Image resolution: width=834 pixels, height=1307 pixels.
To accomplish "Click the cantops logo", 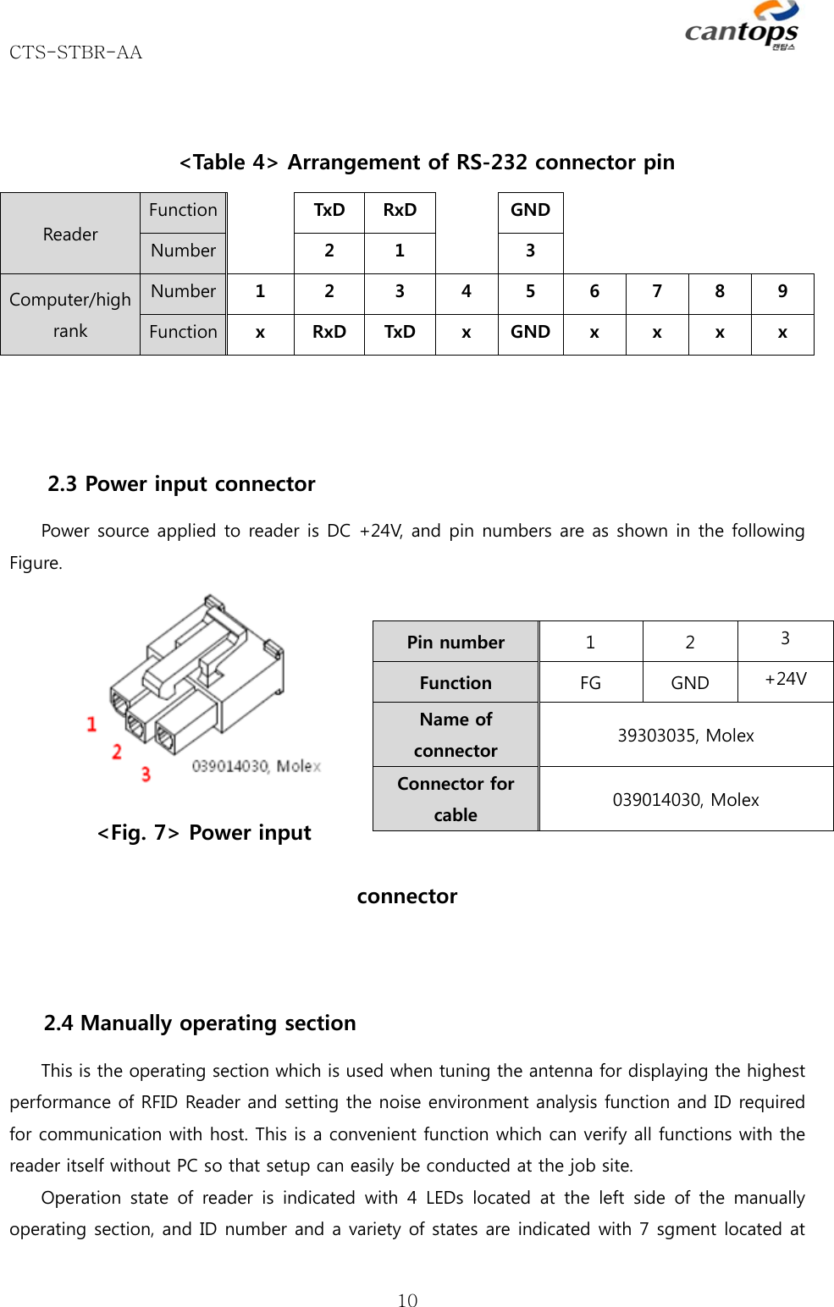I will click(x=742, y=28).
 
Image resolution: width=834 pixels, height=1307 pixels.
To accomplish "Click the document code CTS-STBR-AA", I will click(x=75, y=52).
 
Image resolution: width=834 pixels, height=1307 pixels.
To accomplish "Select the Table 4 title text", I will click(x=427, y=162).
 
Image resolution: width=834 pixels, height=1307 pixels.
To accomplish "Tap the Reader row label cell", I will click(x=70, y=234).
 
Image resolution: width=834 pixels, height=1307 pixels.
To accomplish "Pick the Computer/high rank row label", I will click(x=70, y=315).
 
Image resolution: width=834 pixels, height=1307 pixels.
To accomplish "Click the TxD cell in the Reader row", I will click(x=329, y=210).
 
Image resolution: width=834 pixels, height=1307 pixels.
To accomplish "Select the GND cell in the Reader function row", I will click(x=530, y=210).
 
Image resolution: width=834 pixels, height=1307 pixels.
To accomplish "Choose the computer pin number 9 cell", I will click(x=782, y=291).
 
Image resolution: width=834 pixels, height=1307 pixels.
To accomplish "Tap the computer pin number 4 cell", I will click(x=466, y=291).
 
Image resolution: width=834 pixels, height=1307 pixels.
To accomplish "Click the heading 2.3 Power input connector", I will click(x=181, y=483).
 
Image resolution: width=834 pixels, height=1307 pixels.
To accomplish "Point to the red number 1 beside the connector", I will click(x=91, y=724).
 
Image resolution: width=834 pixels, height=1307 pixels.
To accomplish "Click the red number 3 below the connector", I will click(x=146, y=774).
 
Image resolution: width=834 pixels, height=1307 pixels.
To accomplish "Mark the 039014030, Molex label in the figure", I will click(x=257, y=766).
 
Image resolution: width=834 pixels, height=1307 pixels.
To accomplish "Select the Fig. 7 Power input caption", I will click(x=204, y=833).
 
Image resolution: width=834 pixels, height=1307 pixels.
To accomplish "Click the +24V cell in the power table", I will click(x=785, y=679).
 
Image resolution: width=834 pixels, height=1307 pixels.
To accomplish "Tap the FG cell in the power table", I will click(x=590, y=682).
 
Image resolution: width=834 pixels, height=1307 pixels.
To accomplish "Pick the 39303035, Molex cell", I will click(x=685, y=735).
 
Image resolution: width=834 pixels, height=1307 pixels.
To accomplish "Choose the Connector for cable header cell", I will click(x=456, y=798).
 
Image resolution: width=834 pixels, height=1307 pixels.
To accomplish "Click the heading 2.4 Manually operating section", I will click(x=200, y=1023).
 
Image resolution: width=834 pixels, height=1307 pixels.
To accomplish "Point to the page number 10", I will click(x=407, y=1300).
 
